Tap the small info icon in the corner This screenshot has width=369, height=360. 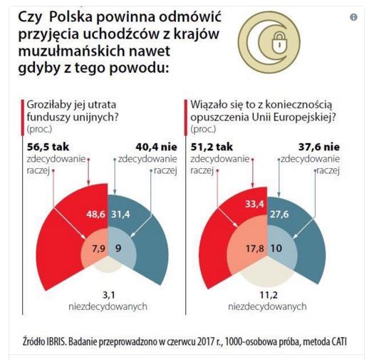353,17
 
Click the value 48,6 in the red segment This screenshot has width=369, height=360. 95,215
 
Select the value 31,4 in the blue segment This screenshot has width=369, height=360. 120,215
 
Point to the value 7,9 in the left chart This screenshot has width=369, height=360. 98,249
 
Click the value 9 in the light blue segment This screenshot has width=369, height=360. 118,248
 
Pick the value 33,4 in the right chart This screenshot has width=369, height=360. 254,204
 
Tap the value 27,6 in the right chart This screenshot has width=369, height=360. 279,215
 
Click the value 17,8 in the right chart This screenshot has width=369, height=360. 255,249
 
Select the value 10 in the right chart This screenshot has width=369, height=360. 276,248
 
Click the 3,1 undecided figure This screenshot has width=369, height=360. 109,295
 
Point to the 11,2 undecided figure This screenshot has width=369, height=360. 269,295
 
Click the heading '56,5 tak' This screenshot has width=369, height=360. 48,147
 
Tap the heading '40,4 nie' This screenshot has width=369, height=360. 156,147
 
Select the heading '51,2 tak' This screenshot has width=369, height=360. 212,147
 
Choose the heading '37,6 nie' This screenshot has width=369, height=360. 319,147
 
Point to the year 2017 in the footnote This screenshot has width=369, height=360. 202,342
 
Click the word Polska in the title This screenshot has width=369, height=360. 71,17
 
